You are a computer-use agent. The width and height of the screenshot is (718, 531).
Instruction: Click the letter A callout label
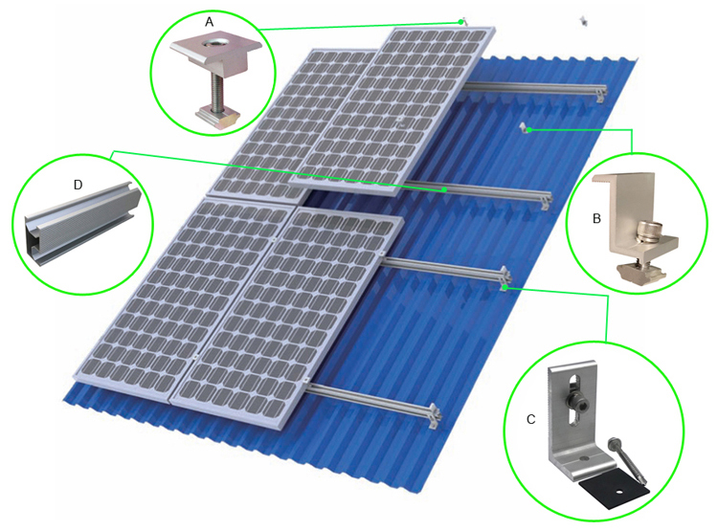(x=210, y=20)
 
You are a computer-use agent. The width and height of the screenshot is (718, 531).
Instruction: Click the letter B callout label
(x=596, y=219)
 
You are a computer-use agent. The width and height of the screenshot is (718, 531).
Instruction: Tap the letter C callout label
(x=530, y=419)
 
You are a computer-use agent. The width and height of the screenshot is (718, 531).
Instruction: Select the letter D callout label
(x=79, y=180)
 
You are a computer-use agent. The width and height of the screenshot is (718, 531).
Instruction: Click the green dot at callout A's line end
(x=461, y=21)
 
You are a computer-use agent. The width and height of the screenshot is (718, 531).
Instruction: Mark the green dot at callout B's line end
(x=528, y=130)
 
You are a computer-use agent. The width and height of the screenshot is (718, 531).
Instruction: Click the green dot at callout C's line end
(x=505, y=286)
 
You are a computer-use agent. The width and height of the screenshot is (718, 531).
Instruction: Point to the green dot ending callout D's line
(x=445, y=189)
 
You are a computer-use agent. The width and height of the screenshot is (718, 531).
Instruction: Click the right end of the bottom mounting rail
(x=437, y=413)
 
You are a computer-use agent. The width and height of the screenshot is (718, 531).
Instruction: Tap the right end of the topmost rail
(x=600, y=92)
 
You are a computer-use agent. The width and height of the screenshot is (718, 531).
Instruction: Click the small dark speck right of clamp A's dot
(x=582, y=19)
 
